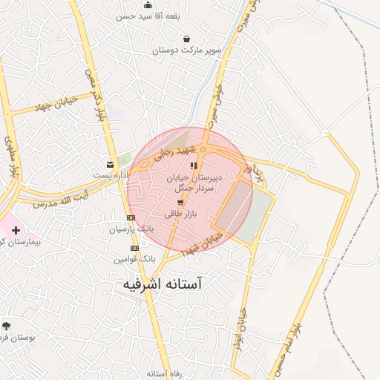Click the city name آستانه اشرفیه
tap(161, 284)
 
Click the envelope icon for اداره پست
tap(111, 164)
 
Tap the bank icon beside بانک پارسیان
tap(131, 217)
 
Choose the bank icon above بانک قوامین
tap(134, 248)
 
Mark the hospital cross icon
tap(16, 230)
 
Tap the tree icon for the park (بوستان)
tap(7, 325)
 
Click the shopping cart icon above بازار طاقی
tap(180, 202)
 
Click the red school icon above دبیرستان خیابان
tap(194, 166)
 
